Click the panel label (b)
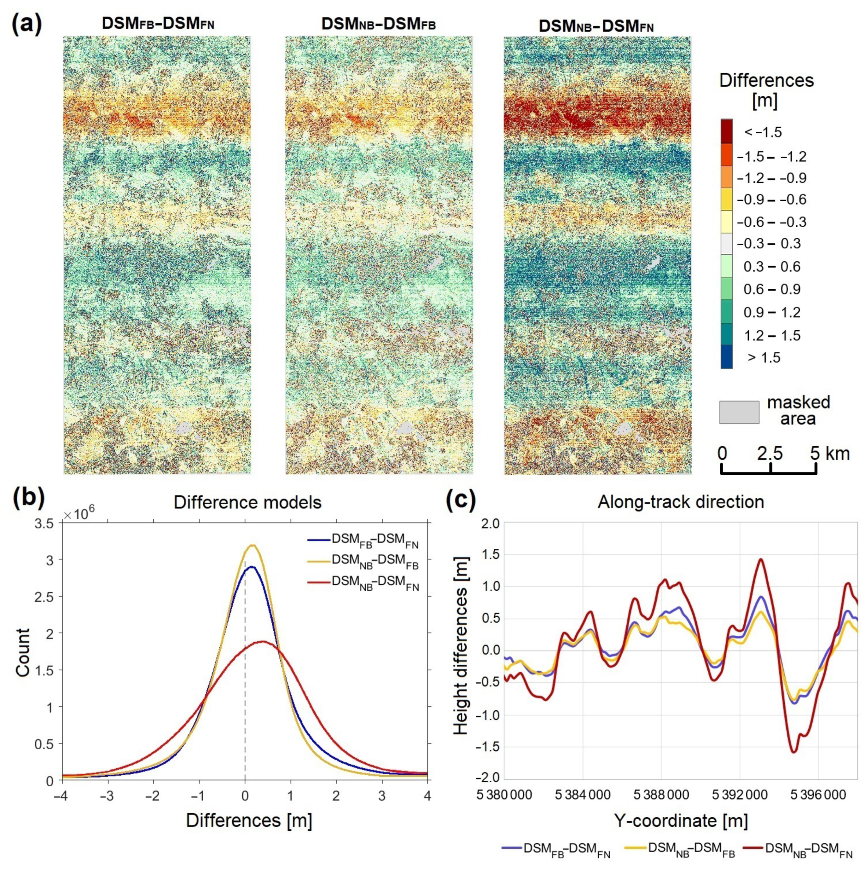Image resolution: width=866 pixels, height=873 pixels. click(28, 499)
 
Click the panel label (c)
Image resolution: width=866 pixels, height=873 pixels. click(461, 500)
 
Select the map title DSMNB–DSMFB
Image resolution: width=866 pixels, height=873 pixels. click(378, 25)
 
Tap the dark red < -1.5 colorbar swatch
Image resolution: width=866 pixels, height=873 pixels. click(726, 131)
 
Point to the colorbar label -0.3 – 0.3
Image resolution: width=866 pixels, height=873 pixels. click(772, 244)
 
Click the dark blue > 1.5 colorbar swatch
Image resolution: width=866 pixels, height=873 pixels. click(726, 357)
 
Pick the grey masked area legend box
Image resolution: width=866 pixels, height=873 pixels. click(739, 412)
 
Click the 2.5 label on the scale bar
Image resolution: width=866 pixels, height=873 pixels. click(770, 453)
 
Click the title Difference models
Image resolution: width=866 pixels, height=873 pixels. click(247, 502)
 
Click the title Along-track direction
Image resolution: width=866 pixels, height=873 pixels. click(681, 502)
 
